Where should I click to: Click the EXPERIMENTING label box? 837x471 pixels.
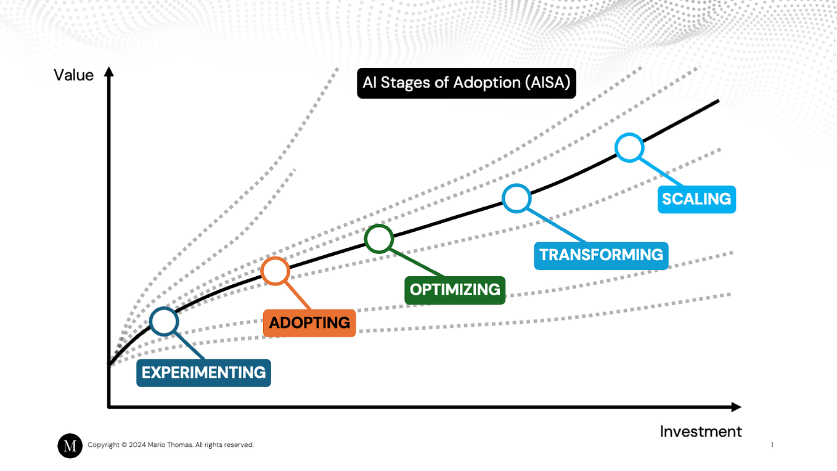pyautogui.click(x=203, y=373)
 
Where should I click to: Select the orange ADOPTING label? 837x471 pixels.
pyautogui.click(x=309, y=322)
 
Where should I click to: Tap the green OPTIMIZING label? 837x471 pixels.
pyautogui.click(x=455, y=290)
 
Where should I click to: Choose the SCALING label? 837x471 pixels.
pyautogui.click(x=696, y=199)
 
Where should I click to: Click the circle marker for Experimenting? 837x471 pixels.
pyautogui.click(x=164, y=321)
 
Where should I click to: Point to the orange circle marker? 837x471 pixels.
pyautogui.click(x=275, y=271)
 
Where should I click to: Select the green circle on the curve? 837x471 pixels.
pyautogui.click(x=378, y=239)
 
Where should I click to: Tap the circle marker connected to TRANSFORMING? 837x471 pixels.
pyautogui.click(x=516, y=198)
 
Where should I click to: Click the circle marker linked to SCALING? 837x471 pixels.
pyautogui.click(x=629, y=148)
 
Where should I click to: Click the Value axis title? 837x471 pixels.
pyautogui.click(x=74, y=75)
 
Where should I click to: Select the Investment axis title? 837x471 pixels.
pyautogui.click(x=701, y=432)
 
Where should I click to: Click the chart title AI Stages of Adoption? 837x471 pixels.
pyautogui.click(x=467, y=83)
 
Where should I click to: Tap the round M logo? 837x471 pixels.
pyautogui.click(x=70, y=446)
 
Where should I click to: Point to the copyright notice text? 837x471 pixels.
pyautogui.click(x=171, y=445)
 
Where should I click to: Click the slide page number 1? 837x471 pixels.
pyautogui.click(x=772, y=444)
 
